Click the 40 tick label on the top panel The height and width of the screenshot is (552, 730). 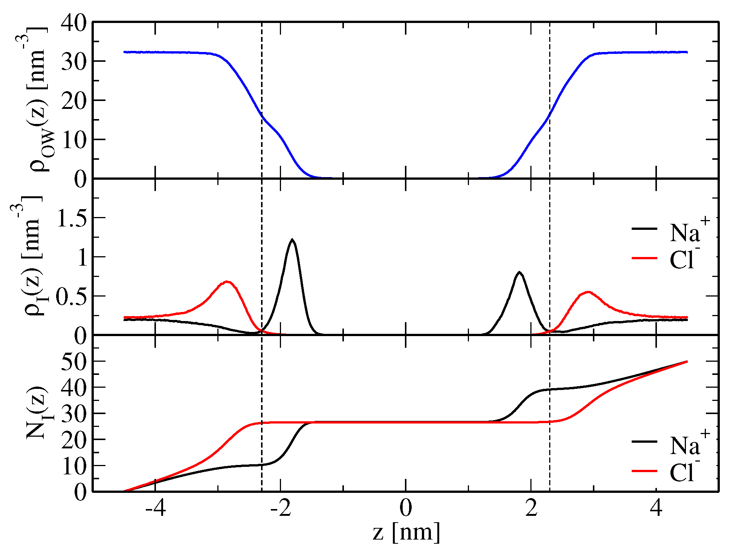click(74, 23)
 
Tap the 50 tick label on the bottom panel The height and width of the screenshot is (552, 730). click(74, 361)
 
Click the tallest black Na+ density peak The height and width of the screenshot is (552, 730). click(292, 240)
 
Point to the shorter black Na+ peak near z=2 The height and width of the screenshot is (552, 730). click(519, 272)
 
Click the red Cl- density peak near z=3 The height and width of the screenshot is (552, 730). click(588, 292)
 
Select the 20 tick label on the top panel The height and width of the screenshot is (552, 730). click(74, 101)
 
